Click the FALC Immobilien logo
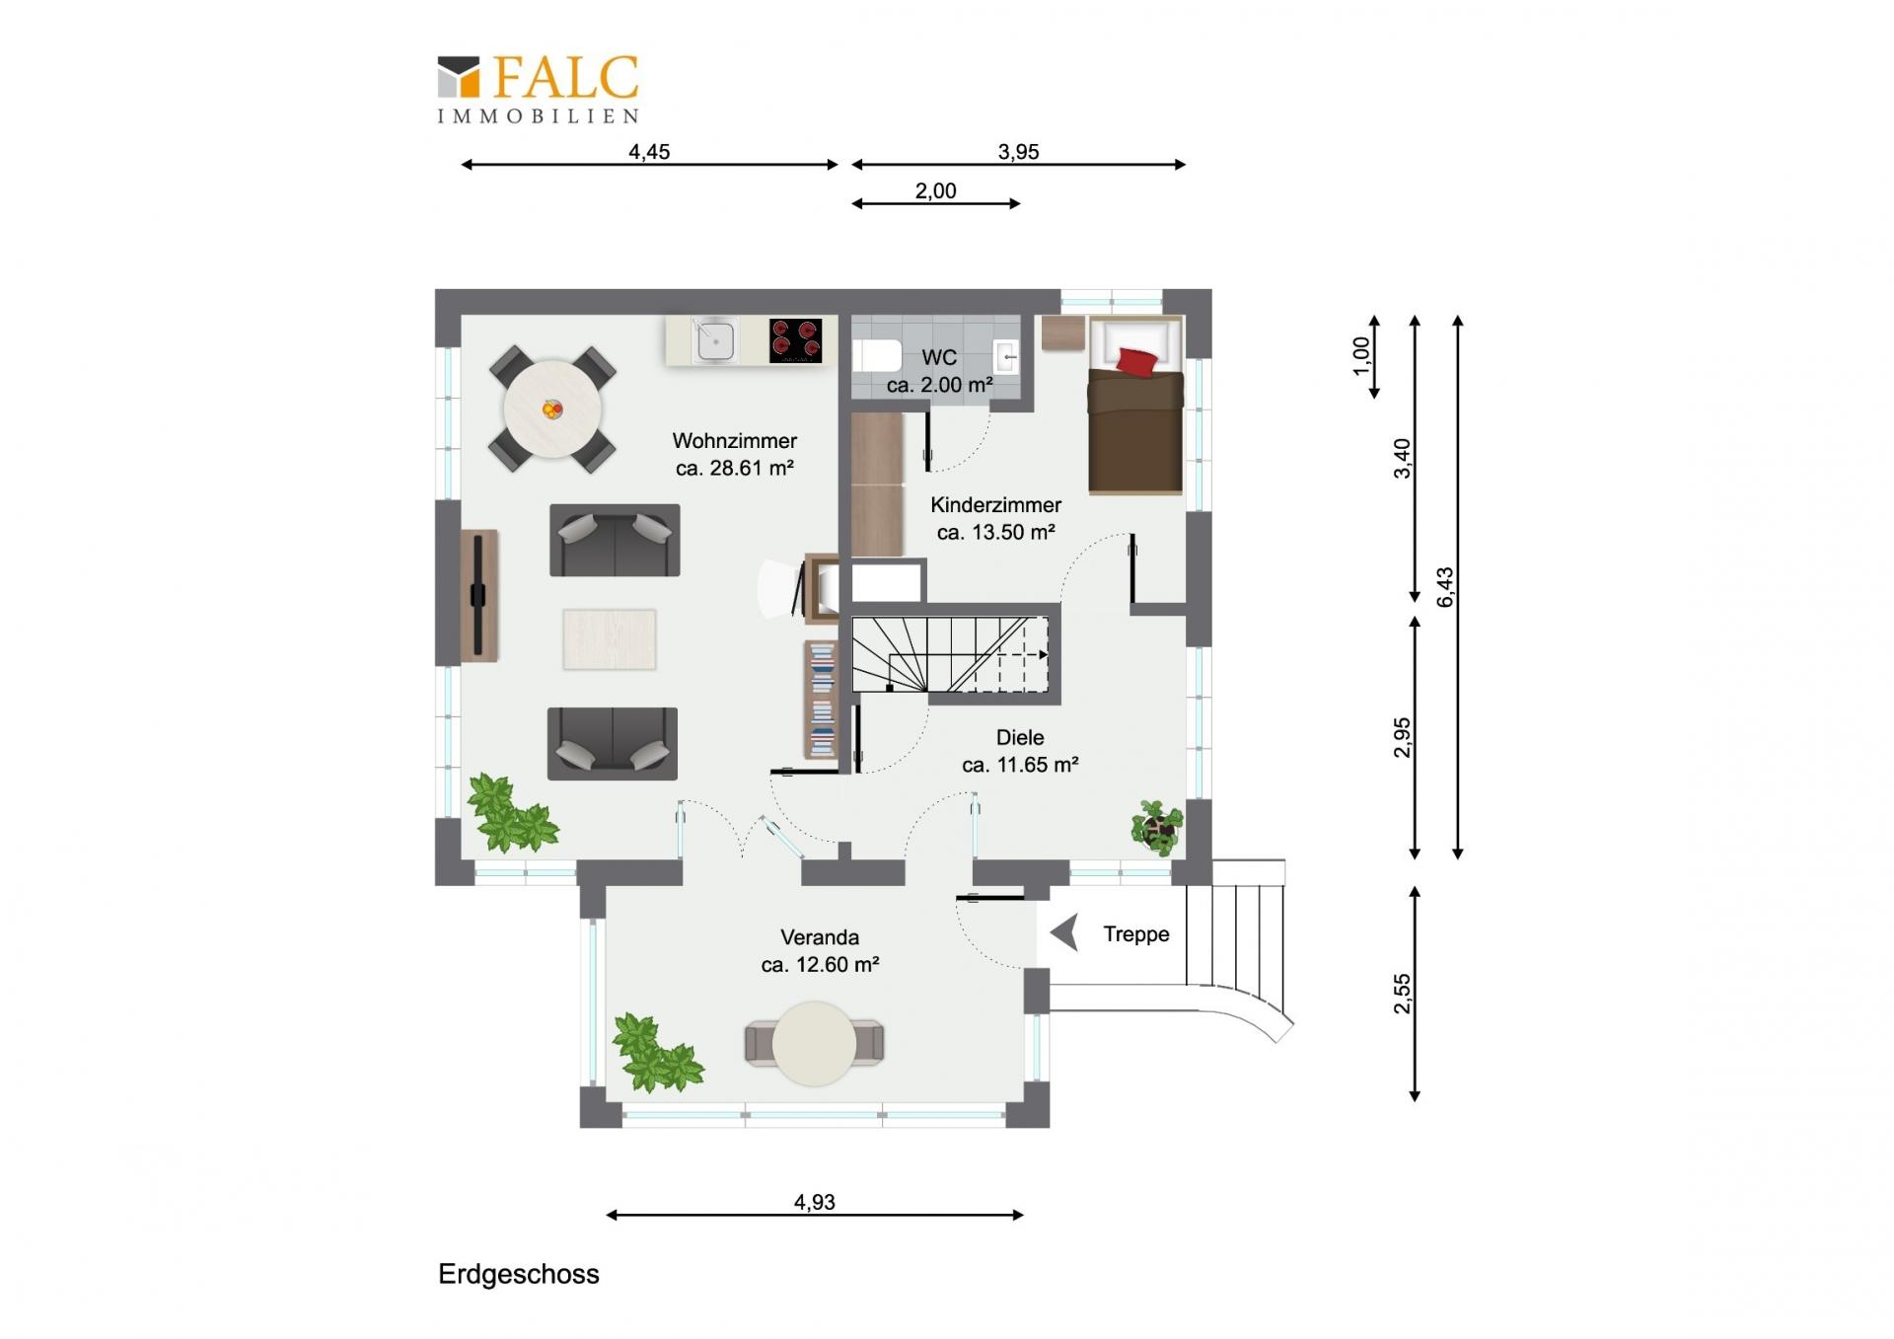pyautogui.click(x=539, y=89)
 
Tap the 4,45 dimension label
pyautogui.click(x=649, y=152)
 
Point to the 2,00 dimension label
pyautogui.click(x=935, y=191)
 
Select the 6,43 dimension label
pyautogui.click(x=1445, y=587)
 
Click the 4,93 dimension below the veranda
pyautogui.click(x=815, y=1202)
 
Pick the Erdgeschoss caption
pyautogui.click(x=519, y=1274)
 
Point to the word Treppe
pyautogui.click(x=1136, y=933)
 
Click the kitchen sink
pyautogui.click(x=714, y=340)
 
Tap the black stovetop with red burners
pyautogui.click(x=796, y=340)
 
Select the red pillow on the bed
pyautogui.click(x=1136, y=361)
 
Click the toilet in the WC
pyautogui.click(x=877, y=355)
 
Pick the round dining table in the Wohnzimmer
pyautogui.click(x=552, y=409)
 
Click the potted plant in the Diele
pyautogui.click(x=1156, y=827)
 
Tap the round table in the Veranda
pyautogui.click(x=815, y=1044)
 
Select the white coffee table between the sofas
pyautogui.click(x=610, y=639)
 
